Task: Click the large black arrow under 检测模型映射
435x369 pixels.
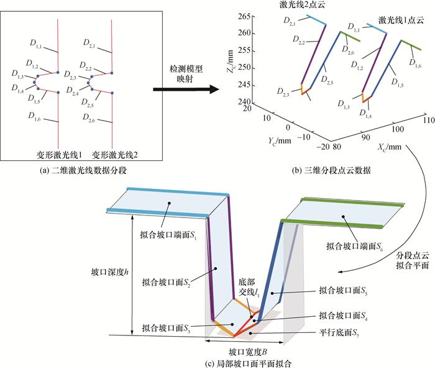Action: (185, 89)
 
